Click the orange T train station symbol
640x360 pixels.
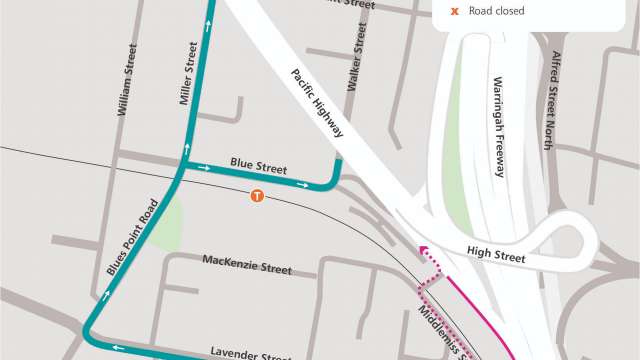pos(257,196)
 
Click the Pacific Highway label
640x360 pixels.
pos(318,103)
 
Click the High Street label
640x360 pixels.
pos(496,258)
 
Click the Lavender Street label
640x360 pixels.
pos(251,352)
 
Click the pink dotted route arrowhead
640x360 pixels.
pos(423,252)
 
